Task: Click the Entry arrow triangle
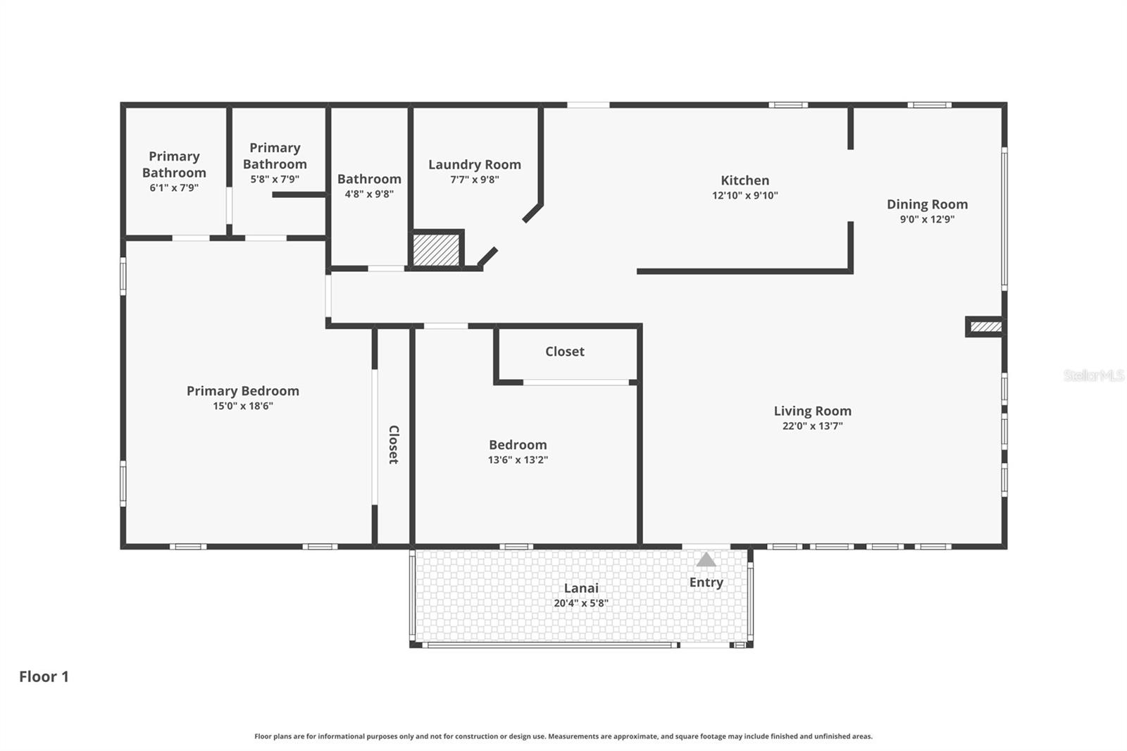coord(706,560)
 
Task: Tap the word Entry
coord(706,583)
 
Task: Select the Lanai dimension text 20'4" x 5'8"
coord(580,603)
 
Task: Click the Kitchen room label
coord(745,180)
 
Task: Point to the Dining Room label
coord(927,204)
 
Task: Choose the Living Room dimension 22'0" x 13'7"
coord(812,426)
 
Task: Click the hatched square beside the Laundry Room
coord(435,249)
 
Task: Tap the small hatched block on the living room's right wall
coord(985,327)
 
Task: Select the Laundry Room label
coord(474,165)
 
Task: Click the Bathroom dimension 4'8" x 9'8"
coord(368,194)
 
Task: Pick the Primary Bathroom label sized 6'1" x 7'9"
coord(174,164)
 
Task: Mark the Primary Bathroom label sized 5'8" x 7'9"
coord(275,156)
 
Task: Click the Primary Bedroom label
coord(242,391)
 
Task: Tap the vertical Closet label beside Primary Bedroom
coord(394,444)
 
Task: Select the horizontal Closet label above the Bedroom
coord(564,352)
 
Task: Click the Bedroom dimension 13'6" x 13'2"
coord(518,460)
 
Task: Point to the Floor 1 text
coord(44,676)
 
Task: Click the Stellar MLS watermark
coord(1093,375)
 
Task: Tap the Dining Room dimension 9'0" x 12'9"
coord(927,219)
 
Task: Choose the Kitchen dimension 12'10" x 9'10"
coord(745,196)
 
